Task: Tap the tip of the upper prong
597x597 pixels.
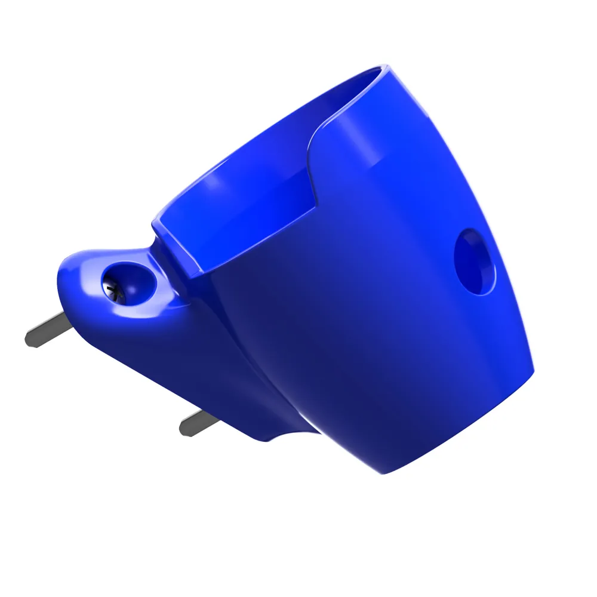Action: (x=29, y=340)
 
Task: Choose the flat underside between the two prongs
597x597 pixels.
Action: (x=149, y=370)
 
